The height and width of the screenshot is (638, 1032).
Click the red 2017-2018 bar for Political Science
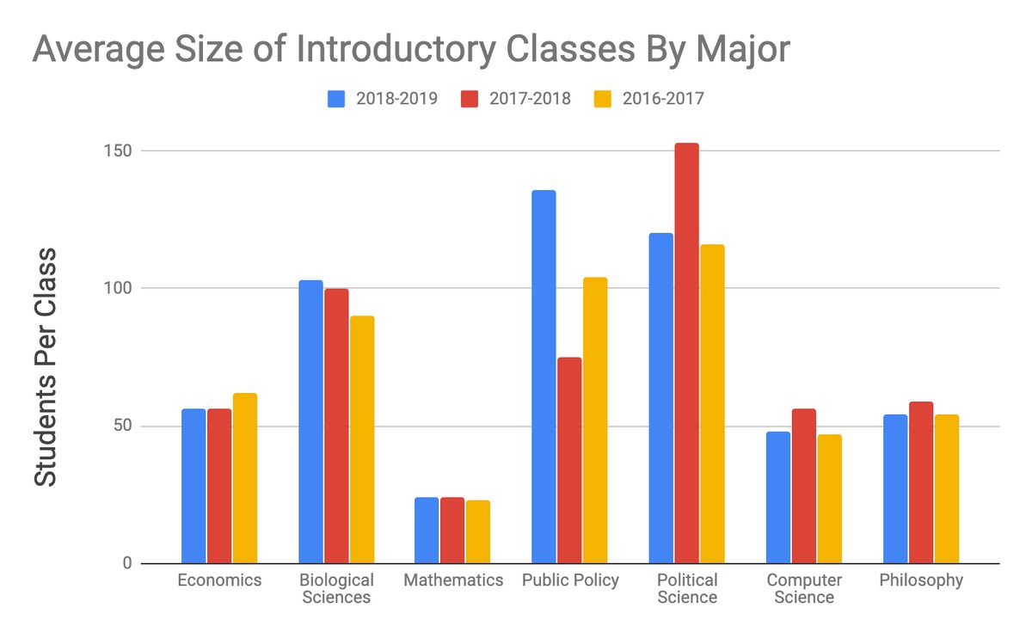tap(686, 353)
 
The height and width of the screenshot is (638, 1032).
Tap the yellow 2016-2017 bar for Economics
tap(244, 478)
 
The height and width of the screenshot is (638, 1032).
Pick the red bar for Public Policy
tap(569, 460)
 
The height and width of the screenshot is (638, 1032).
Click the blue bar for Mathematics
tap(427, 530)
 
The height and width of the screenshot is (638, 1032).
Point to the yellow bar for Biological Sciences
tap(361, 439)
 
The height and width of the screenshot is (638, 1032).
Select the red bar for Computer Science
tap(803, 486)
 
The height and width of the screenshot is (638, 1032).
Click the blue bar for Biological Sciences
tap(310, 421)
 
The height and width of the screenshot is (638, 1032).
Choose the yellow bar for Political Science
tap(712, 404)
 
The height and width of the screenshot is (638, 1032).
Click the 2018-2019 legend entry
tap(383, 98)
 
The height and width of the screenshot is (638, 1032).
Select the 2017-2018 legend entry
tap(516, 98)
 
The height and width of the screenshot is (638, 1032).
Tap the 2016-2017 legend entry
tap(649, 98)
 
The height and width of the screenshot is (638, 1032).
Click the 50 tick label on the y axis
tap(121, 426)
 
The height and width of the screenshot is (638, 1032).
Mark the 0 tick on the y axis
tap(126, 564)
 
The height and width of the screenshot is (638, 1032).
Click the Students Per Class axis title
tap(46, 368)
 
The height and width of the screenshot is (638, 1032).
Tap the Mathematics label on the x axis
tap(453, 580)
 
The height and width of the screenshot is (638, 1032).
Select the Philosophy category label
tap(921, 580)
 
